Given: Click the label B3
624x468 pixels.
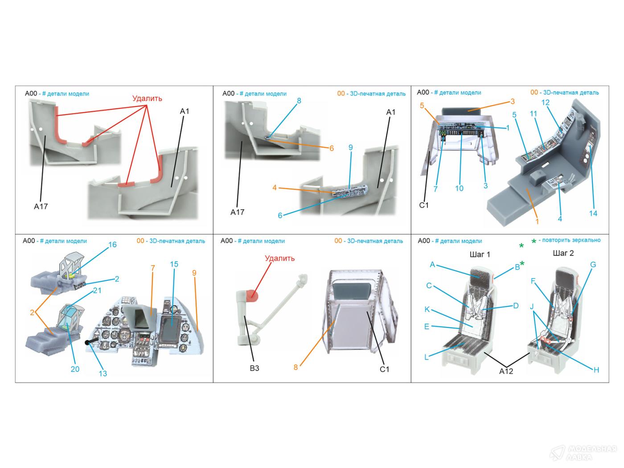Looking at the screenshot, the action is (254, 368).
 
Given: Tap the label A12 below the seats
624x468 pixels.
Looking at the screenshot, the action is (506, 371).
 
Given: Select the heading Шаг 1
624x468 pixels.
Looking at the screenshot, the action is (480, 255).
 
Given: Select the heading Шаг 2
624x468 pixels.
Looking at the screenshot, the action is (563, 253).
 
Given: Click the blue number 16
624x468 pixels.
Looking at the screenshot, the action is (112, 245).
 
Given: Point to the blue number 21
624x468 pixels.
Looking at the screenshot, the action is (97, 291).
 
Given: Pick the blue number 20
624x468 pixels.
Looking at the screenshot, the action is (75, 369).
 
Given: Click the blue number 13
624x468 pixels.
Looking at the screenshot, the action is (103, 374).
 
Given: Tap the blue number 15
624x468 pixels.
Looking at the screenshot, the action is (174, 264).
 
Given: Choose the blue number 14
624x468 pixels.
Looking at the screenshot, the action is (593, 213).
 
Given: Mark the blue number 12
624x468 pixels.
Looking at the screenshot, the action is (545, 103).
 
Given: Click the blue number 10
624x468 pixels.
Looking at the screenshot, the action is (459, 188).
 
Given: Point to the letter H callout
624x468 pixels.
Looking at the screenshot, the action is (596, 369).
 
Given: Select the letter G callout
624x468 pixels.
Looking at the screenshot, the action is (593, 265).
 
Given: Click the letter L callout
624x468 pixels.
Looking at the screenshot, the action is (427, 357).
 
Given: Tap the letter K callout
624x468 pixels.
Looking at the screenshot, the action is (427, 309).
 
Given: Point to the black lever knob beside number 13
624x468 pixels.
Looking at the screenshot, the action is (87, 343).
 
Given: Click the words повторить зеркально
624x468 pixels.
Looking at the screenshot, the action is (571, 240).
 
